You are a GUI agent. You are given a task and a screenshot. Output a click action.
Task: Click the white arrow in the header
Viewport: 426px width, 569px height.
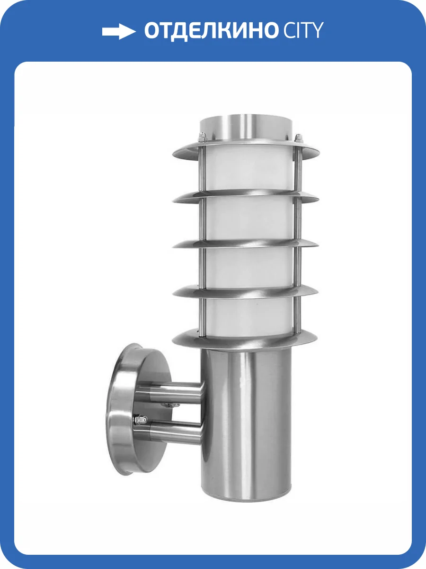click(x=119, y=31)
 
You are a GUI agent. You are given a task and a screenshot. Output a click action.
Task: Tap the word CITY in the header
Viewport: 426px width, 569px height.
click(x=303, y=30)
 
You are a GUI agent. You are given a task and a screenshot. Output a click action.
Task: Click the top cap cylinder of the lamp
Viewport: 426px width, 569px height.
click(x=246, y=129)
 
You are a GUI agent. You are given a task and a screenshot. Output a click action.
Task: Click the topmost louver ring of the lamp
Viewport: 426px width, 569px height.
click(x=246, y=151)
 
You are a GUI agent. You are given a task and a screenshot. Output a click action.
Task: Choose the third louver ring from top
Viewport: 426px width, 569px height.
click(x=246, y=244)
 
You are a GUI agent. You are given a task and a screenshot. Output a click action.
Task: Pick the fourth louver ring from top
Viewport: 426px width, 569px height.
click(x=246, y=291)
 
